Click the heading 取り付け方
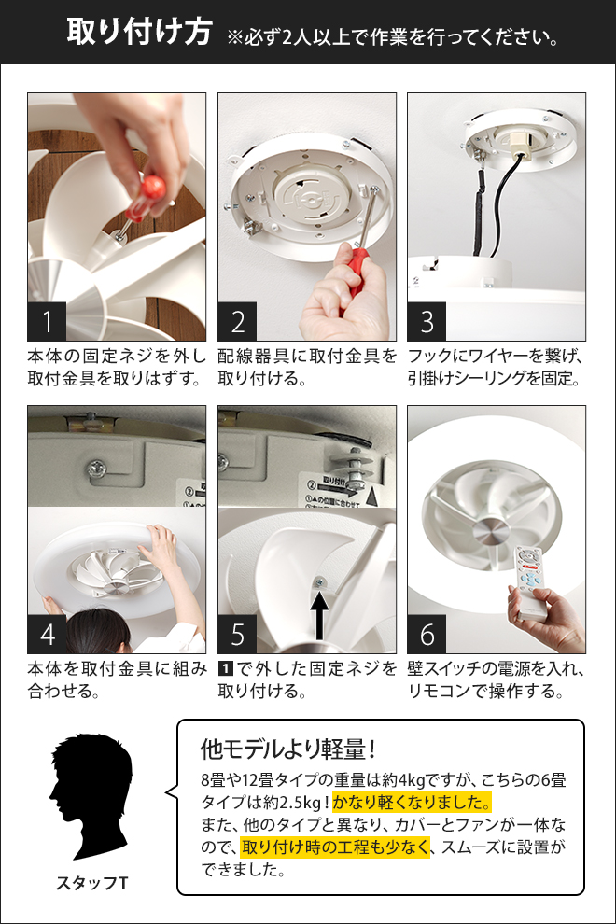point(139,33)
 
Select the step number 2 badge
point(237,322)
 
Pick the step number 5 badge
point(237,635)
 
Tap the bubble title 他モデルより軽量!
point(287,749)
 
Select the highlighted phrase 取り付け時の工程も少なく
point(335,847)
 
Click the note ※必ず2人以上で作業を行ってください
point(393,38)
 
